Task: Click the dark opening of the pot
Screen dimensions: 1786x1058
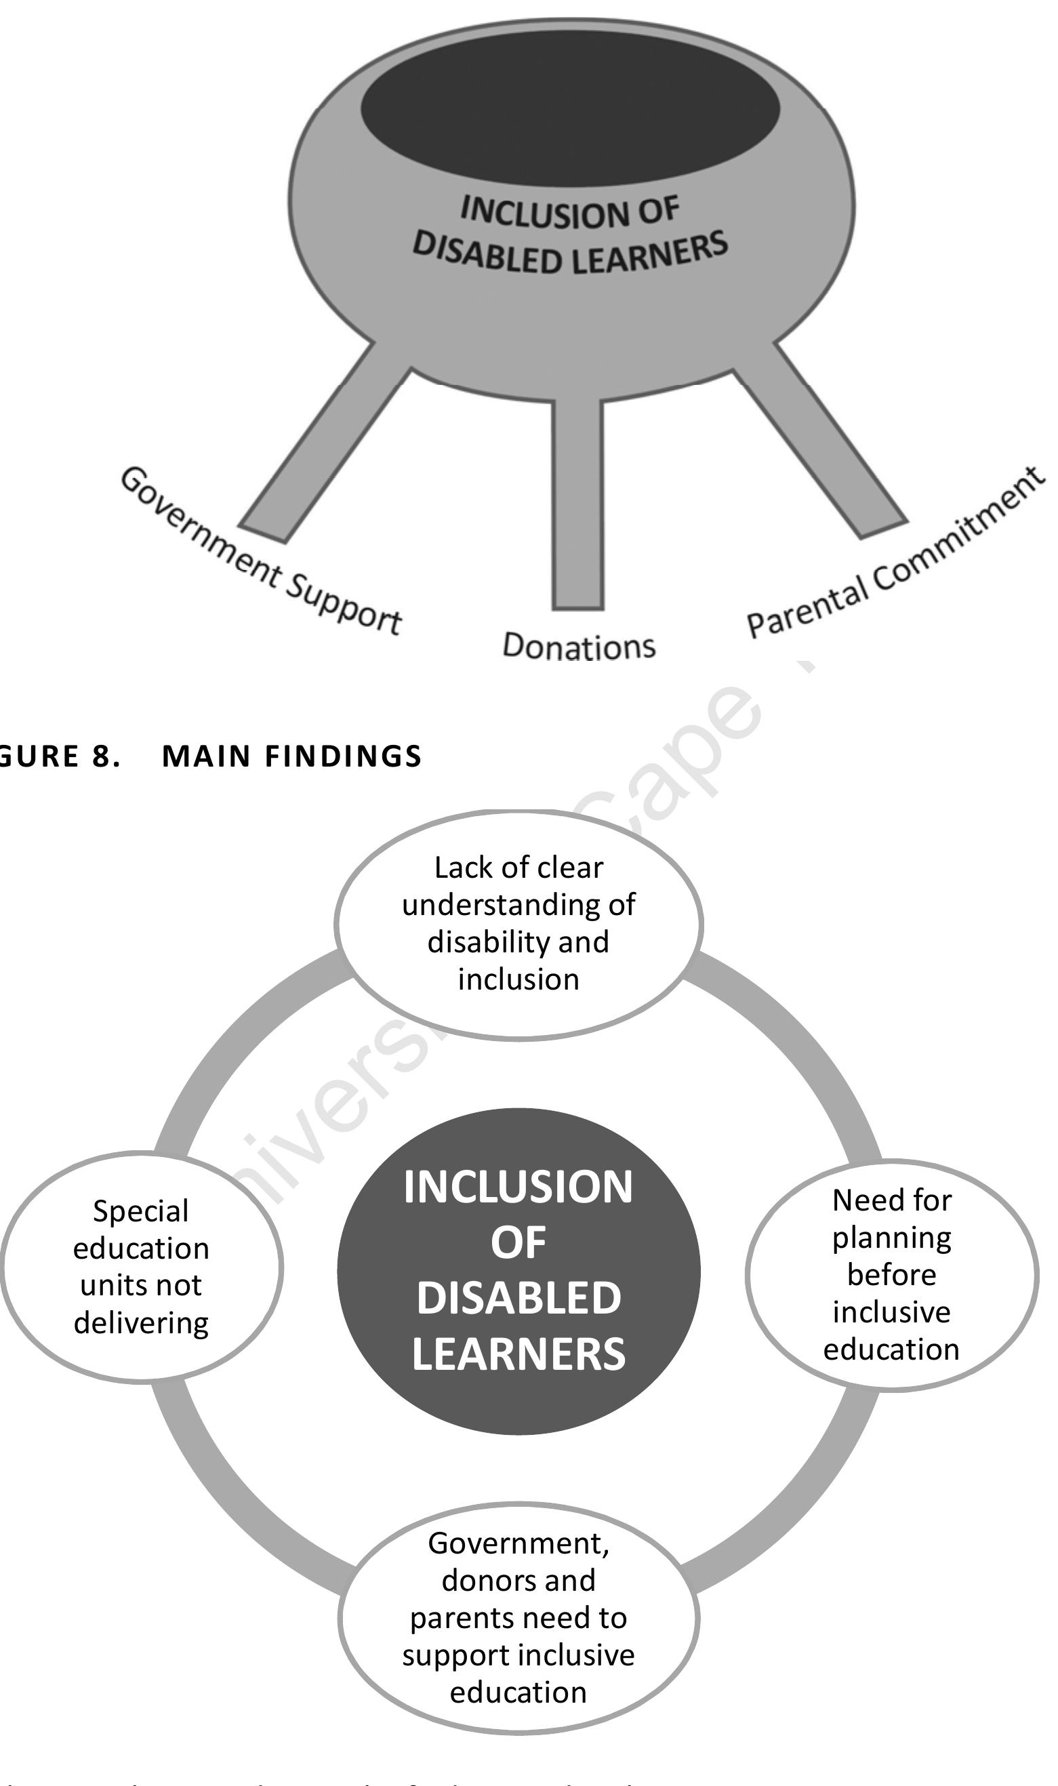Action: (x=571, y=107)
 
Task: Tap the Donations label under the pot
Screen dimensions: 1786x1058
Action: (x=578, y=647)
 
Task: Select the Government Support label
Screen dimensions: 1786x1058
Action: (x=260, y=553)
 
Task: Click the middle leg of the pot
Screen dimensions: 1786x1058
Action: (x=577, y=506)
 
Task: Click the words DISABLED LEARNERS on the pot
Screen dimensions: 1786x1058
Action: (x=571, y=253)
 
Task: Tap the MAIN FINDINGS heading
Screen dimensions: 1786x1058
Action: (x=292, y=756)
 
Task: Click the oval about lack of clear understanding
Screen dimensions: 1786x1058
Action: (x=518, y=924)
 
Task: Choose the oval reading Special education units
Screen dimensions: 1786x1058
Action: (x=141, y=1267)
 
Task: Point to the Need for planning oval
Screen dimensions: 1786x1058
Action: (x=891, y=1274)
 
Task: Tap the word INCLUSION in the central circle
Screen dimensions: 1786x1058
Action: (x=518, y=1188)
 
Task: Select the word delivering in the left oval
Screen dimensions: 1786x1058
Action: (x=141, y=1323)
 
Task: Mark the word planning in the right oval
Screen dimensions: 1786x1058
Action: (x=891, y=1238)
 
